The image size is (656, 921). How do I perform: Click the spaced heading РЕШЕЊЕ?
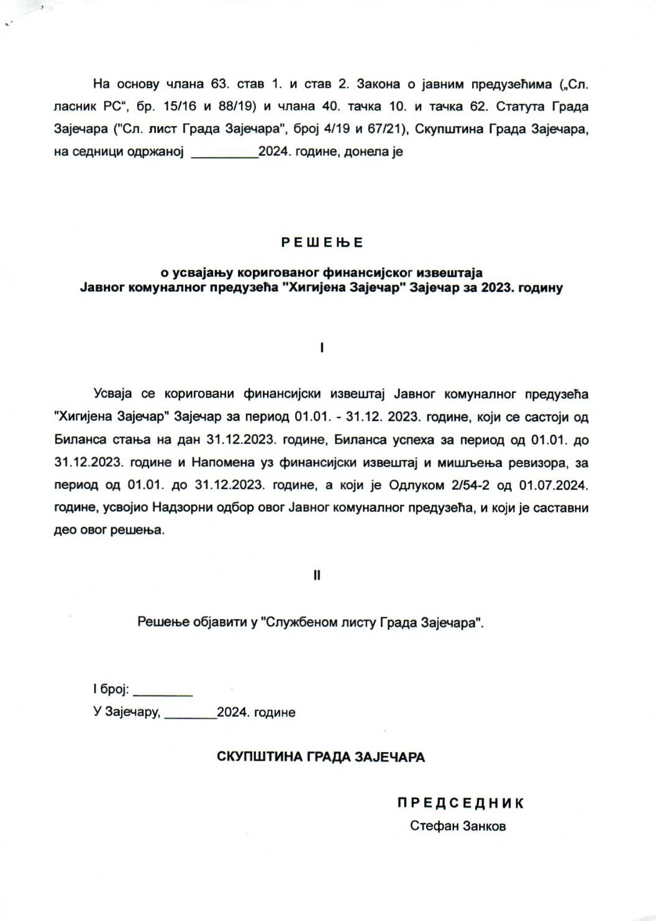click(322, 242)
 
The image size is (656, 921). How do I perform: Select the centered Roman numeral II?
click(317, 575)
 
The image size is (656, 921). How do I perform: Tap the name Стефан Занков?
click(458, 826)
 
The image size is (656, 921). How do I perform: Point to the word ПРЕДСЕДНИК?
click(461, 803)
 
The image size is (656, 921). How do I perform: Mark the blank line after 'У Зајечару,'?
click(191, 715)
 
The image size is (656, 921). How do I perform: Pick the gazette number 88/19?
click(234, 106)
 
